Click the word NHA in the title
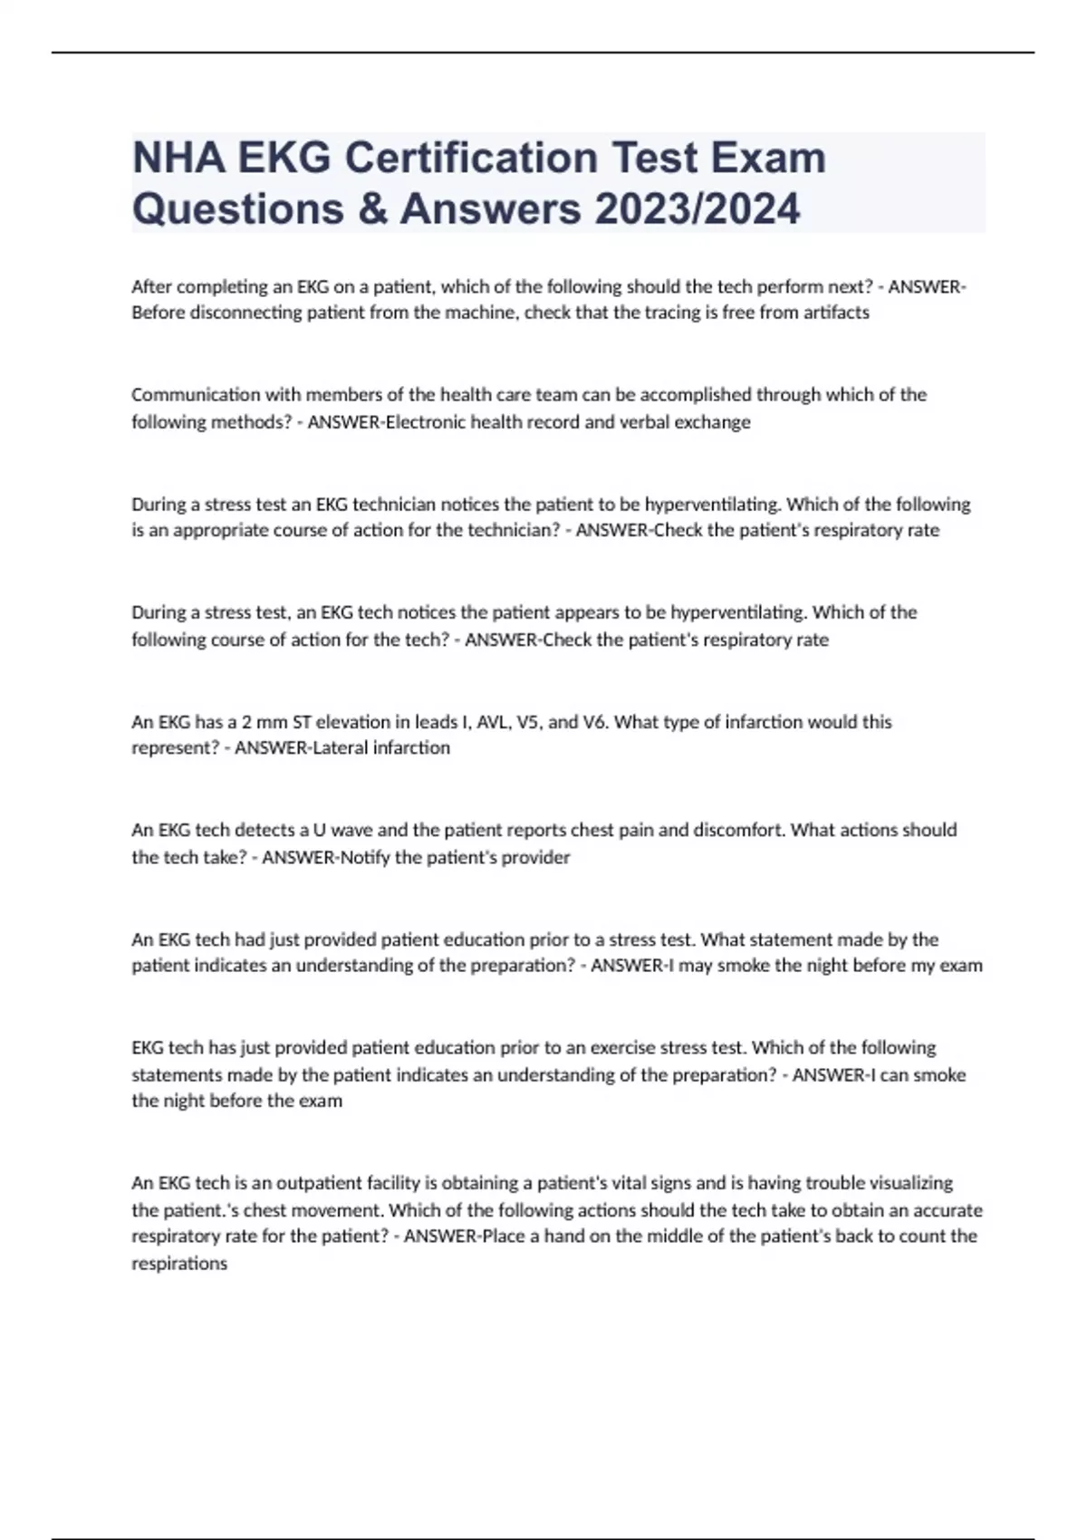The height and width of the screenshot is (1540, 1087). (178, 158)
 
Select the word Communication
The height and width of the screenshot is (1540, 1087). (183, 395)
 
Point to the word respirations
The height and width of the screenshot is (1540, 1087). (179, 1264)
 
